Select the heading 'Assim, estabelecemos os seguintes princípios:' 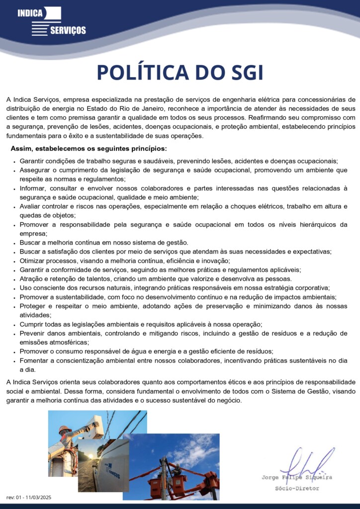tap(89, 149)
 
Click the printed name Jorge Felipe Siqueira tap(297, 478)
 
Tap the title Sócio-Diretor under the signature tap(297, 489)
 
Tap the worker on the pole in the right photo tap(175, 470)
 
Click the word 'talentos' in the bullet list tap(88, 279)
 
